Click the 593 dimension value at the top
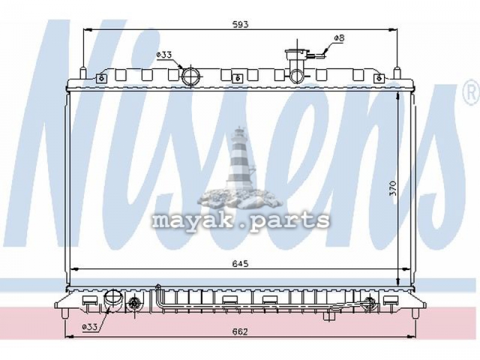coord(241,24)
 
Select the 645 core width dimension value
coord(240,263)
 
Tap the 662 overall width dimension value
coord(239,332)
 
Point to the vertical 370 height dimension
coord(394,188)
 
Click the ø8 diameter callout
coord(339,38)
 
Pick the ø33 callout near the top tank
coord(164,55)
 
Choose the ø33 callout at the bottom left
coord(89,327)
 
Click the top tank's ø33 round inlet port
coord(191,76)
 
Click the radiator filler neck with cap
coord(296,66)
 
